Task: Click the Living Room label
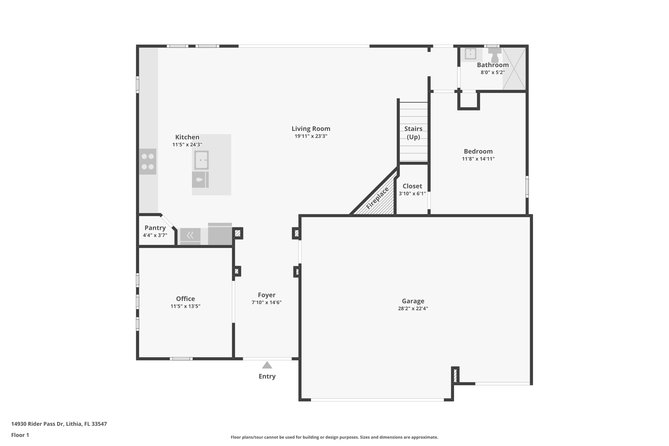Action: tap(311, 129)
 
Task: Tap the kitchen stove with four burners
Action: tap(148, 161)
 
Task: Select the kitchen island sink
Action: tap(201, 160)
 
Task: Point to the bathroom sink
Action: tap(470, 54)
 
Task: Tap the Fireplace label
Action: tap(378, 198)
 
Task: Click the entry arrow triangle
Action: tap(267, 365)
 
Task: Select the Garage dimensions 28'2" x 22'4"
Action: tap(413, 308)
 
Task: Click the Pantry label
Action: tap(155, 228)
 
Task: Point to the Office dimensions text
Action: tap(185, 306)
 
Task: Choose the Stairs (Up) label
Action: tap(413, 133)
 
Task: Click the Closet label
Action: tap(412, 186)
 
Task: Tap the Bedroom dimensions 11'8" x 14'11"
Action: tap(478, 159)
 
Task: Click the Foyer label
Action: tap(267, 295)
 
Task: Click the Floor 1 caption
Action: tap(20, 435)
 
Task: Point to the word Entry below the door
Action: tap(267, 376)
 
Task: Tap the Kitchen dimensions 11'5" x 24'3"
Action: tap(187, 144)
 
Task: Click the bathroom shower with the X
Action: tap(514, 69)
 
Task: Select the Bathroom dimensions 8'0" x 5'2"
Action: tap(493, 73)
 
